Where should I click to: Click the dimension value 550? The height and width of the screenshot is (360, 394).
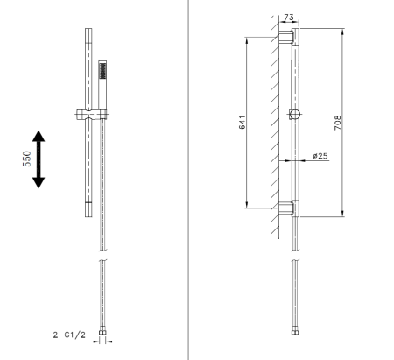click(x=27, y=158)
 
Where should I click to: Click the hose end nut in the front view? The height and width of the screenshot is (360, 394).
click(x=103, y=333)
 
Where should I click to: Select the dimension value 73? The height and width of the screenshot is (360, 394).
click(x=290, y=18)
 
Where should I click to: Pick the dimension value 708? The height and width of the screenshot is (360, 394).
click(x=337, y=123)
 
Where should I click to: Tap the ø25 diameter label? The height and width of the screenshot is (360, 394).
click(x=320, y=156)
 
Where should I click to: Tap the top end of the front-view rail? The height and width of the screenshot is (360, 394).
click(x=87, y=32)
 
